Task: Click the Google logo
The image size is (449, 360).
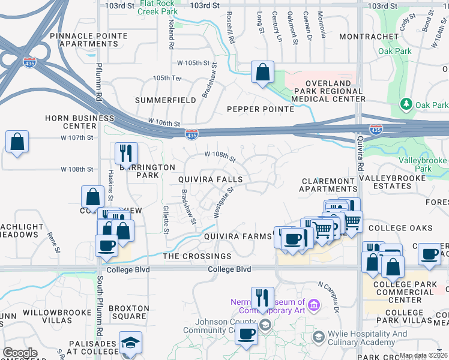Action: pyautogui.click(x=20, y=353)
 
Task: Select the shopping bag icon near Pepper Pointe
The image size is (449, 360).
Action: pyautogui.click(x=262, y=73)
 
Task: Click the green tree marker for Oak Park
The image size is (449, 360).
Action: pyautogui.click(x=407, y=104)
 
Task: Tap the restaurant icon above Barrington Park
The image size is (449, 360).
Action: pyautogui.click(x=126, y=153)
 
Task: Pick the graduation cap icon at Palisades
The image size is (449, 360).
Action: pyautogui.click(x=130, y=342)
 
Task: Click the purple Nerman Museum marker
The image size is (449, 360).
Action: pyautogui.click(x=313, y=307)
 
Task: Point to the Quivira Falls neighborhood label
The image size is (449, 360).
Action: pyautogui.click(x=210, y=179)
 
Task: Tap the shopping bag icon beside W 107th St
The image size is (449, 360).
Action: pyautogui.click(x=17, y=143)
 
